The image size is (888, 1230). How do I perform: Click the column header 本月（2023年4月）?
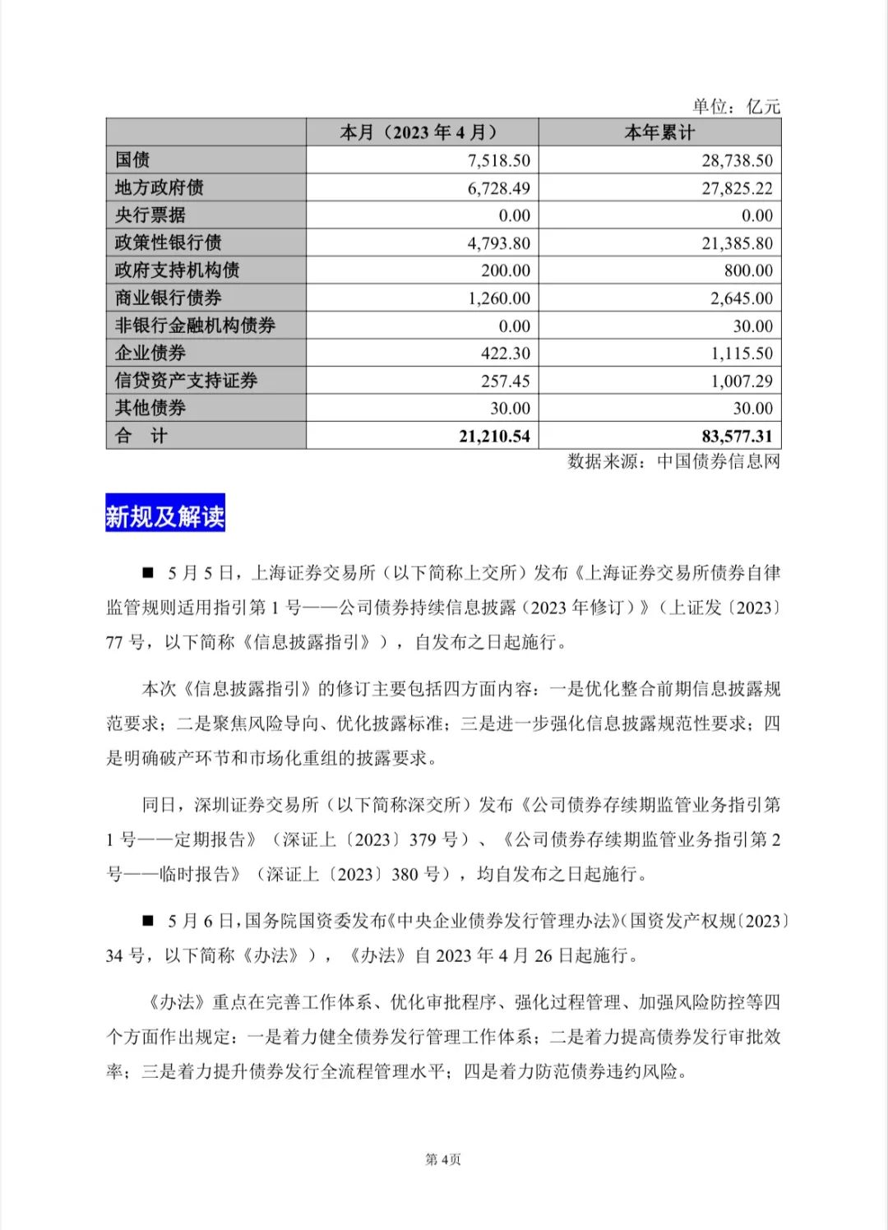(421, 132)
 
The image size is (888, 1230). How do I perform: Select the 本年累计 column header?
(659, 132)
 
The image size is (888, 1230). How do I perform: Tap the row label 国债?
(132, 160)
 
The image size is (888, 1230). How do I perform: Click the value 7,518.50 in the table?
(498, 160)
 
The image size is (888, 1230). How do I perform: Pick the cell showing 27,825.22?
(737, 188)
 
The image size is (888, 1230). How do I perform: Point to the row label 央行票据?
(150, 215)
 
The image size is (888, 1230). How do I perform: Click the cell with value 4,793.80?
(498, 243)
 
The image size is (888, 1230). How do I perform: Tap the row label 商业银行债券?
(169, 298)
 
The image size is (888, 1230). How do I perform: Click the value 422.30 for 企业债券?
(505, 354)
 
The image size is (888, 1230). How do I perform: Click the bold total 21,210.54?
(494, 437)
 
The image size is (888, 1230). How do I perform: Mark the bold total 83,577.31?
(737, 437)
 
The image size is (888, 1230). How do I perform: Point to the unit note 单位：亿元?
(736, 106)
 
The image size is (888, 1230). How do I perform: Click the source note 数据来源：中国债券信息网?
(673, 461)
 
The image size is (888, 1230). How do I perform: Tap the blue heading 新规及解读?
(165, 516)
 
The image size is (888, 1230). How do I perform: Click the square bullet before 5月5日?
(148, 572)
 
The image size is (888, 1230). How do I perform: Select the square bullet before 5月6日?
(148, 921)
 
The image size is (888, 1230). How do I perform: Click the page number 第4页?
(443, 1159)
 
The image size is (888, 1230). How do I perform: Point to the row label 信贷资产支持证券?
(187, 381)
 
